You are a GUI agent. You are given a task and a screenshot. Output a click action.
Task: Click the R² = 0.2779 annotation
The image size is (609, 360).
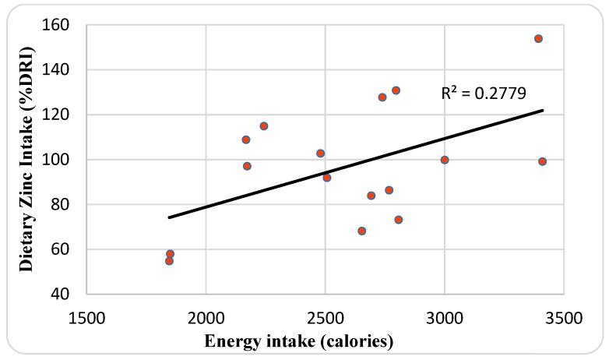[484, 94]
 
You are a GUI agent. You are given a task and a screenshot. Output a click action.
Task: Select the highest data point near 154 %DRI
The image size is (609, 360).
[538, 38]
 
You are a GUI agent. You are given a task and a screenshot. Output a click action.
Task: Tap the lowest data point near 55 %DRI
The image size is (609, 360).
[169, 261]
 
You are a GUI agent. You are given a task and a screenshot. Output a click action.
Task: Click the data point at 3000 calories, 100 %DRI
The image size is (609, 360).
[445, 160]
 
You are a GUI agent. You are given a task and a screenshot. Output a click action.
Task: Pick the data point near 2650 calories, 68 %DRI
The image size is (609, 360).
[362, 231]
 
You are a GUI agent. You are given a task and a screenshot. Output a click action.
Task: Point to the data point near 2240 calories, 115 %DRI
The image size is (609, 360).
[264, 126]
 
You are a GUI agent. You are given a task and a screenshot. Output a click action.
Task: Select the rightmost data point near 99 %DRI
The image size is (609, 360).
[542, 161]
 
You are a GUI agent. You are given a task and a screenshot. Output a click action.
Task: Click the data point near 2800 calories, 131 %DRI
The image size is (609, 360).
[396, 90]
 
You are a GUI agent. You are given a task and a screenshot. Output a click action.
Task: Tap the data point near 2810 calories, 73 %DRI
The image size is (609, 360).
[399, 220]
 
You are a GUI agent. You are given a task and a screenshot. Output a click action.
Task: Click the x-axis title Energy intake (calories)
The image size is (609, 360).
[299, 341]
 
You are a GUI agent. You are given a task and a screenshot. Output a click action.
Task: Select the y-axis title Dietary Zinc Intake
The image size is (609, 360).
[26, 160]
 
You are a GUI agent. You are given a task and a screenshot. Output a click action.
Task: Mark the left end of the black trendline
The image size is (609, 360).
[169, 217]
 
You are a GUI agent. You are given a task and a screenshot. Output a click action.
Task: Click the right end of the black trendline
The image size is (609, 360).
[543, 110]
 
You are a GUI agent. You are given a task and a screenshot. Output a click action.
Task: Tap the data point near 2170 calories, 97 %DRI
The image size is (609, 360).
[247, 166]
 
